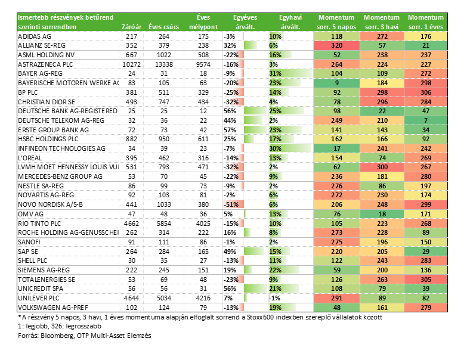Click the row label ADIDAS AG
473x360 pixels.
click(x=35, y=36)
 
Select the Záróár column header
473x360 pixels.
click(x=131, y=27)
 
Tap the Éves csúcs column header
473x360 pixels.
click(x=163, y=27)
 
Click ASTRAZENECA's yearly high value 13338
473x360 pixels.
click(x=164, y=64)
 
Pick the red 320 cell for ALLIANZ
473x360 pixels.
click(x=336, y=45)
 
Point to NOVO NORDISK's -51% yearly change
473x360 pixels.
click(x=231, y=204)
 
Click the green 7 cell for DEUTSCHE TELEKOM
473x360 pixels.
click(x=426, y=120)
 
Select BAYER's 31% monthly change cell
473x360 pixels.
click(x=275, y=73)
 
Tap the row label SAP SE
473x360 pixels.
click(x=28, y=252)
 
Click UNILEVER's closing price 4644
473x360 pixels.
click(x=132, y=298)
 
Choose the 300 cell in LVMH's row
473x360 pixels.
click(x=382, y=167)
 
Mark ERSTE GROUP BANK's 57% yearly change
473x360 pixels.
click(x=230, y=130)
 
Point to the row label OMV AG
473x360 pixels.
click(x=30, y=214)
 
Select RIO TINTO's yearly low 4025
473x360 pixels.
click(x=203, y=224)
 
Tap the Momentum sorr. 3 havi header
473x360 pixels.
click(x=382, y=22)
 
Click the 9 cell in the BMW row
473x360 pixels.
click(x=336, y=83)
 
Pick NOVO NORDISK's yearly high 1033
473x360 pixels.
click(x=164, y=204)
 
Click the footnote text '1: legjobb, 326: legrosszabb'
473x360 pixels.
click(x=60, y=326)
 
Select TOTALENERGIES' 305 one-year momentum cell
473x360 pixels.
click(x=426, y=280)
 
